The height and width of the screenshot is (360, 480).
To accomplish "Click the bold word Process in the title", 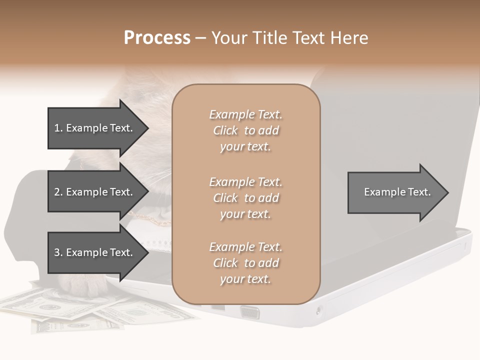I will (157, 38).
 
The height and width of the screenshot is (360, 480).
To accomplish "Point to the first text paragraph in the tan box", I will (245, 130).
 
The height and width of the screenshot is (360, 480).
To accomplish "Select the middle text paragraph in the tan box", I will (245, 198).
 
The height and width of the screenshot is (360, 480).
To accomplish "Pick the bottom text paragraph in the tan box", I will (245, 263).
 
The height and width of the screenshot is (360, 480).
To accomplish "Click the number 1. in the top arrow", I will (58, 128).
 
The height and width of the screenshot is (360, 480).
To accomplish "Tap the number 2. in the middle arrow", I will (58, 192).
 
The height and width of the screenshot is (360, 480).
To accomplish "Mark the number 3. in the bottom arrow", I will (58, 252).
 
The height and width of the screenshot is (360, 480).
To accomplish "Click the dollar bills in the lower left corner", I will (75, 310).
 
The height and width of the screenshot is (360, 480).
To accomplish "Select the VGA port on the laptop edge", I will (249, 312).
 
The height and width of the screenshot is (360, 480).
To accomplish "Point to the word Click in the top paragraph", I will (225, 130).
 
